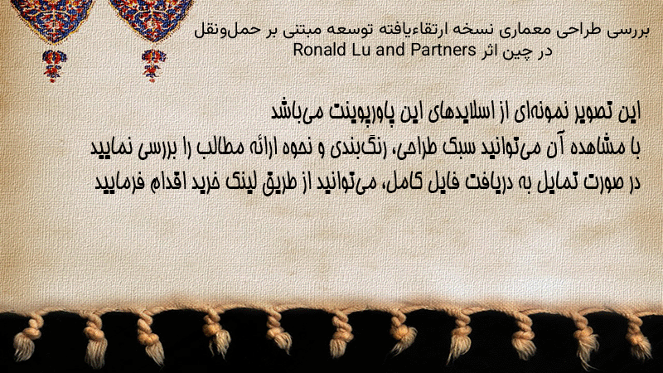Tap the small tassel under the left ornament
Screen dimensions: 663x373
pyautogui.click(x=54, y=65)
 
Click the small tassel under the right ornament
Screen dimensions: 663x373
pyautogui.click(x=153, y=65)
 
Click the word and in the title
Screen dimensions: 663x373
pyautogui.click(x=390, y=50)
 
